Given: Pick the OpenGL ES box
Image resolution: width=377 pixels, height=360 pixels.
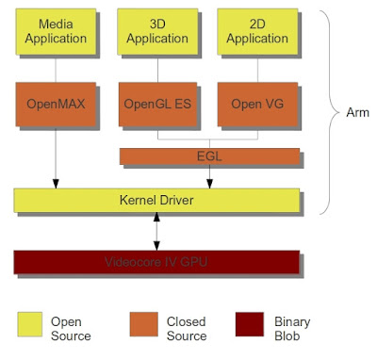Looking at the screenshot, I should (157, 105).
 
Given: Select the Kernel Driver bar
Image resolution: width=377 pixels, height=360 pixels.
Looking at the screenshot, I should (156, 201).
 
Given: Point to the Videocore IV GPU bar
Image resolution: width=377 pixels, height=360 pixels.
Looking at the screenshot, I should (156, 263).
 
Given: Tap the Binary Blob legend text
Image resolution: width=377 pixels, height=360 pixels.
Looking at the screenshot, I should (293, 328).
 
